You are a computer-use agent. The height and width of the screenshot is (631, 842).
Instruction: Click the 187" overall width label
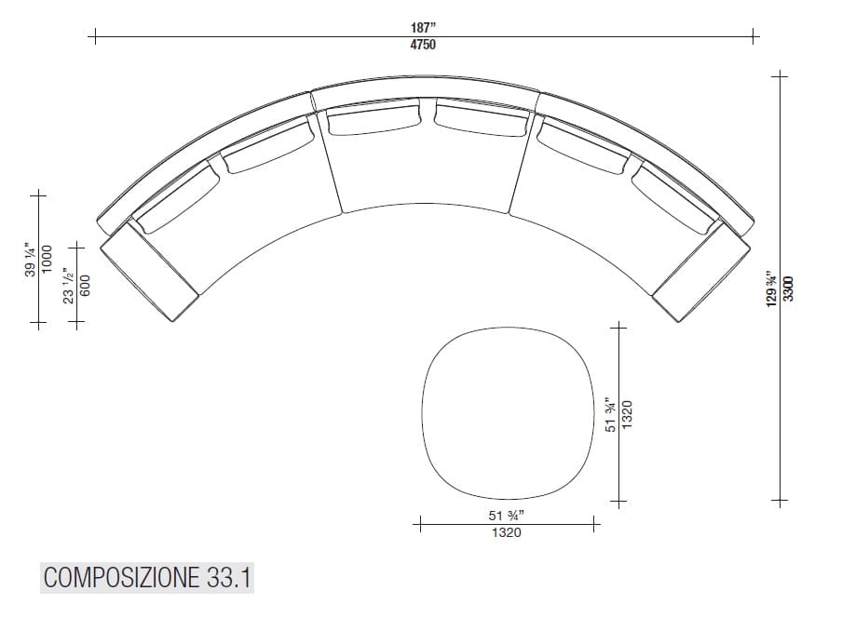click(x=424, y=28)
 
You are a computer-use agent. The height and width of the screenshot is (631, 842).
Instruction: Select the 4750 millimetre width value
click(x=424, y=45)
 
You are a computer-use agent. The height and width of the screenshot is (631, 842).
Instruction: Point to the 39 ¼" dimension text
click(x=31, y=260)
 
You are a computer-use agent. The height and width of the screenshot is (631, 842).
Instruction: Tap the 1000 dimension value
click(x=47, y=260)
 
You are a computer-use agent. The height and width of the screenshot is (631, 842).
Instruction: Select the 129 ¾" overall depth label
click(x=770, y=289)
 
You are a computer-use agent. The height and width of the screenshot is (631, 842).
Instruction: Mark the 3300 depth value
click(x=788, y=289)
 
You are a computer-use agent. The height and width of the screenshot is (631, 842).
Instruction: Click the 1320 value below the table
click(x=507, y=533)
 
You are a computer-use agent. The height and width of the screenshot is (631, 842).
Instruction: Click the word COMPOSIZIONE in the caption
click(x=118, y=578)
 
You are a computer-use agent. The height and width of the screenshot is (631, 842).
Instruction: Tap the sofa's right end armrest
click(x=700, y=275)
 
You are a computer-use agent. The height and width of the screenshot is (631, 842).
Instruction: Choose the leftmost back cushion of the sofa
click(x=174, y=197)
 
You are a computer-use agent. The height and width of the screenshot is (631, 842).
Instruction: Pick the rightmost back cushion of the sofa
click(x=675, y=198)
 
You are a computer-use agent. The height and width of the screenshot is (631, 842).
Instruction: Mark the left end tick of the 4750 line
click(x=93, y=37)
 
